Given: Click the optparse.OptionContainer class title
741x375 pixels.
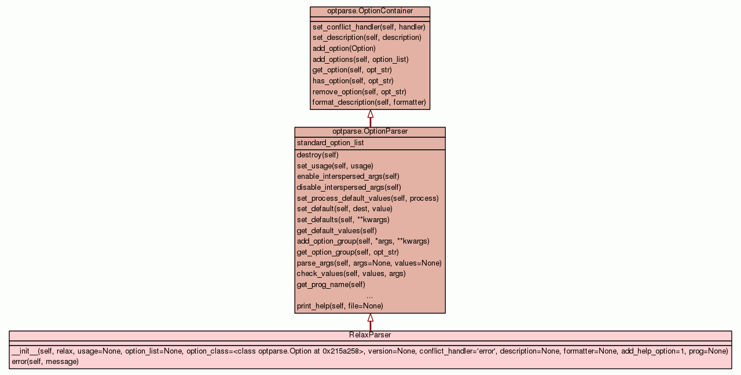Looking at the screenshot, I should tap(370, 11).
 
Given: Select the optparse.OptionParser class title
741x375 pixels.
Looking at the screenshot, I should tap(370, 131).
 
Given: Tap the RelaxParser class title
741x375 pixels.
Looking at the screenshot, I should tap(370, 335).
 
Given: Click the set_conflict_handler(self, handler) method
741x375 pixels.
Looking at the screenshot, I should tap(369, 27).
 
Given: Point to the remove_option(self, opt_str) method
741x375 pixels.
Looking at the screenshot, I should tap(359, 91).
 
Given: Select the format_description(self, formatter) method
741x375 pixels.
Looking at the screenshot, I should tap(369, 102).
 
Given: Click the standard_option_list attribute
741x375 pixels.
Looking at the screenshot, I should tap(330, 143).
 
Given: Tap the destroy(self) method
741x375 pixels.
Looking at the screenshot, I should tap(317, 155).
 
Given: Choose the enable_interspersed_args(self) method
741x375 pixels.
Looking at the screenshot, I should tap(348, 176).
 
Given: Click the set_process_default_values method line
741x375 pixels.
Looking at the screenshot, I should tap(368, 198).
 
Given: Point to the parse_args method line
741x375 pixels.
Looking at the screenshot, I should tap(369, 263).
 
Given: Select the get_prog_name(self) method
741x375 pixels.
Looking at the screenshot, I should tap(331, 284).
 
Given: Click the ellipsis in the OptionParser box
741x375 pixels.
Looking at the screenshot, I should tap(369, 296).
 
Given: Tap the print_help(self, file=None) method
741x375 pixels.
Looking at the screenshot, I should tap(340, 306).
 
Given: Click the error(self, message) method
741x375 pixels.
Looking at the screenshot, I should tap(45, 362).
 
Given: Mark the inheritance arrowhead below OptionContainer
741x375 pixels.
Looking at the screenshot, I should tap(370, 114).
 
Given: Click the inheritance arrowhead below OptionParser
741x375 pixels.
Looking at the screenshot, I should tap(370, 318).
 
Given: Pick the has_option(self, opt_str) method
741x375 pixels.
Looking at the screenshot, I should tap(353, 80).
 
